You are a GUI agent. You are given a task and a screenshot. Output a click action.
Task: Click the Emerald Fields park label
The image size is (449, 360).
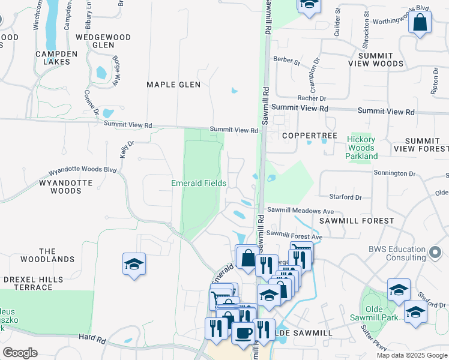(199, 183)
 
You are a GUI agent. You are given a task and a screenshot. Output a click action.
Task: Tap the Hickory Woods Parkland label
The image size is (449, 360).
(361, 148)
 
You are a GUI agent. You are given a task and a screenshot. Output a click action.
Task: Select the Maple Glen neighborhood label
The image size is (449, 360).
(173, 85)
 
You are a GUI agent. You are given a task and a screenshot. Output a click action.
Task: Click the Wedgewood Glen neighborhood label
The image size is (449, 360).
(103, 41)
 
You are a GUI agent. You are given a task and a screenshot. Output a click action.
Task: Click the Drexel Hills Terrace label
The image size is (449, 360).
(32, 283)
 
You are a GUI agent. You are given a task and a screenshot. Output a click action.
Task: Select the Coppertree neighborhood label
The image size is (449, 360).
(310, 136)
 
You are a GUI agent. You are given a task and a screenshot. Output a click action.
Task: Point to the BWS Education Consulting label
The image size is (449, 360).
(398, 253)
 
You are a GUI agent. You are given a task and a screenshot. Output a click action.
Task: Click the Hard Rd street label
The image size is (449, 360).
(92, 340)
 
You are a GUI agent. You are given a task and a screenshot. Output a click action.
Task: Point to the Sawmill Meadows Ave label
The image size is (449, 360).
(300, 211)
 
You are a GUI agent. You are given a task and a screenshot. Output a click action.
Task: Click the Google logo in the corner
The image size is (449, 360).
(20, 353)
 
